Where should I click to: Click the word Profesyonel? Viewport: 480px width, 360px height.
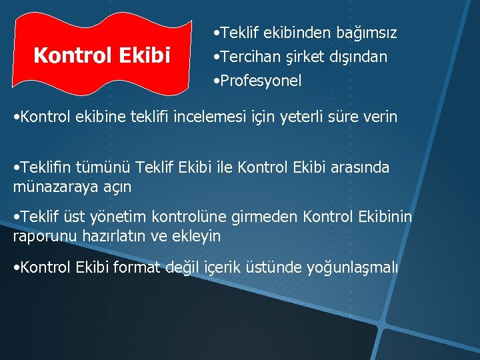[x=261, y=81]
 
